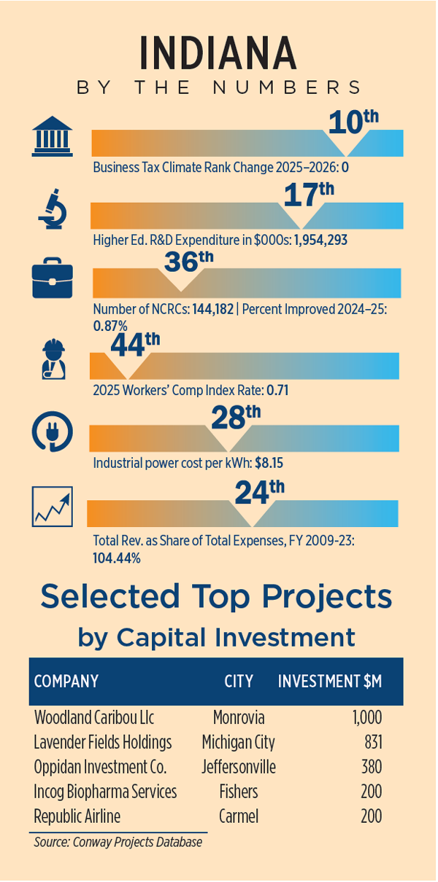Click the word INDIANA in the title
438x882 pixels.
(x=218, y=54)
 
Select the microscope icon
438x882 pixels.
(x=53, y=210)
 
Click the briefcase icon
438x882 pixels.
(x=53, y=280)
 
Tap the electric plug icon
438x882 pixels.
(x=53, y=432)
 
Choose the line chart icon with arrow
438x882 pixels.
(x=53, y=506)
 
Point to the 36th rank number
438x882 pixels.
(x=188, y=261)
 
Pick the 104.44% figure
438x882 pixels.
(x=117, y=558)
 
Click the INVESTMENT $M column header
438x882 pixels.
(x=329, y=682)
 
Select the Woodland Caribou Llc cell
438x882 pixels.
(x=94, y=717)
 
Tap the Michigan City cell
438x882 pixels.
(x=239, y=743)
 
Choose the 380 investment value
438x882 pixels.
(x=371, y=768)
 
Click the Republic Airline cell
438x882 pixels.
(x=77, y=816)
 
